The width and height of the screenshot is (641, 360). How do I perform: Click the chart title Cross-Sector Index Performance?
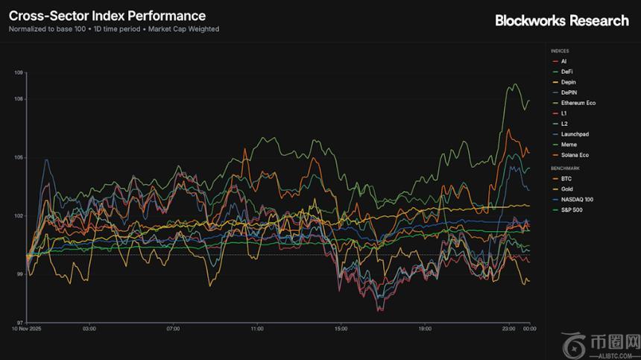(107, 16)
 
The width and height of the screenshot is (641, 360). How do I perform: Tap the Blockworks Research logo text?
(562, 21)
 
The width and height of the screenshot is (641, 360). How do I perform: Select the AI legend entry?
(563, 61)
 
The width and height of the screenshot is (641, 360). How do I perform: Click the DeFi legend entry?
(566, 72)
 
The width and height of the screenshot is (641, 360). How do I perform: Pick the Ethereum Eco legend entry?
(578, 103)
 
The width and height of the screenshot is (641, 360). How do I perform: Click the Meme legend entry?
(568, 145)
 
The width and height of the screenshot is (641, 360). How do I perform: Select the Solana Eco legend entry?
(575, 155)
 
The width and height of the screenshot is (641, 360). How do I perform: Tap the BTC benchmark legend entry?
(565, 179)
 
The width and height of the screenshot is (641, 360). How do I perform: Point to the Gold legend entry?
(566, 189)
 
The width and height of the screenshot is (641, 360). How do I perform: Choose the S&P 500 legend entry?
(572, 210)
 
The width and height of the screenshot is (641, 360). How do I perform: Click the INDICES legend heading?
(560, 51)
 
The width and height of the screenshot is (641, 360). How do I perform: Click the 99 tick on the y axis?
(19, 274)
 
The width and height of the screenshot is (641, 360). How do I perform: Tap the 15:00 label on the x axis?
(341, 328)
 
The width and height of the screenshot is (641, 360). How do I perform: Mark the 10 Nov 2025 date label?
(25, 328)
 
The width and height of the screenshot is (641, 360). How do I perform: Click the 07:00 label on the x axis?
(173, 328)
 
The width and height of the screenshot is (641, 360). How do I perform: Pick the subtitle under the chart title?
(114, 29)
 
